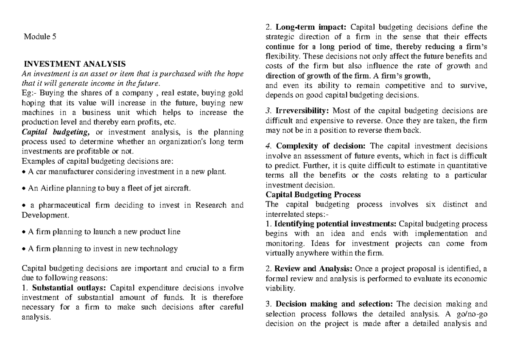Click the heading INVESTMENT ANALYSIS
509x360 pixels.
[75, 64]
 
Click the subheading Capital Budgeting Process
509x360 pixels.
[313, 195]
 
